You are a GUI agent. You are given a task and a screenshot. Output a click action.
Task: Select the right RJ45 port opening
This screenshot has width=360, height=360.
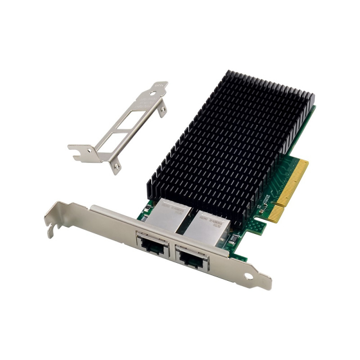[x=193, y=258]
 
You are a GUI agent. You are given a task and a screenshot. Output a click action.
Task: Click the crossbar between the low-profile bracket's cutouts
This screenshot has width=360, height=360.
[x=121, y=126]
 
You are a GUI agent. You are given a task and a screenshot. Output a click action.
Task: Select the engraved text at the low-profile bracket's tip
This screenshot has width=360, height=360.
[x=158, y=85]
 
